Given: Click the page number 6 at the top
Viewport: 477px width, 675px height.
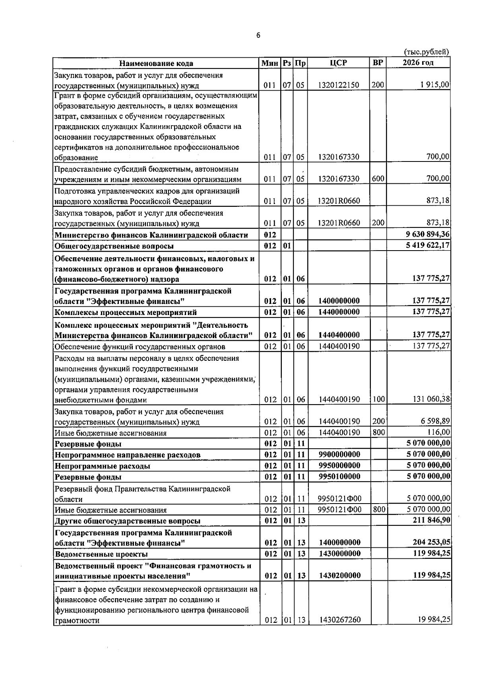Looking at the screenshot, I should tap(258, 35).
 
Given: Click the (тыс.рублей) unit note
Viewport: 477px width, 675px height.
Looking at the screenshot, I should tap(427, 52).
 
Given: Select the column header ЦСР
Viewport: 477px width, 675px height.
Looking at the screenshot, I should tap(338, 63).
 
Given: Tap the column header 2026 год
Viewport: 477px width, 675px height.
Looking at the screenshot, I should tap(418, 63).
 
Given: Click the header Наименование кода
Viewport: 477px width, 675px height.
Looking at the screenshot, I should tap(157, 63).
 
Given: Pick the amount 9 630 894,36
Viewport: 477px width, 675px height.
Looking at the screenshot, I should tap(425, 235).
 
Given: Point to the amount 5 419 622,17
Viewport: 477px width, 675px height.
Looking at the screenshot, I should tap(425, 245).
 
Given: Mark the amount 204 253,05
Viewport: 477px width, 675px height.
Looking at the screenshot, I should tap(430, 543).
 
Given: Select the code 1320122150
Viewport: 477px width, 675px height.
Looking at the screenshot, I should tap(339, 85).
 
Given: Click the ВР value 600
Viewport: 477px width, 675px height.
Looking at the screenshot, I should tap(378, 179).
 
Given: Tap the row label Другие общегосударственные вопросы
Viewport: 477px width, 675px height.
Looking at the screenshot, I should tap(127, 521).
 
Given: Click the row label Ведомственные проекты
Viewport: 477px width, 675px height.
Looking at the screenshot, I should tap(101, 554).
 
